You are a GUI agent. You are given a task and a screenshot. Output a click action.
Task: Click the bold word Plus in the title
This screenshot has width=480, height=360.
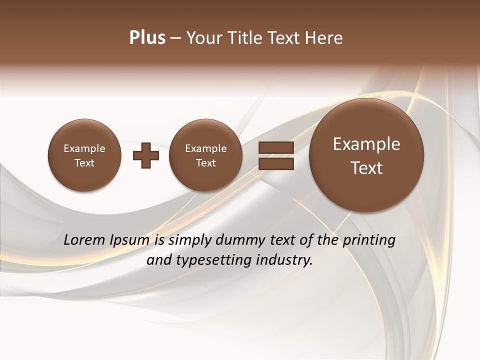pyautogui.click(x=147, y=38)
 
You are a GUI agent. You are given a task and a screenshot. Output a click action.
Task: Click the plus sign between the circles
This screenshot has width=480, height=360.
pyautogui.click(x=146, y=155)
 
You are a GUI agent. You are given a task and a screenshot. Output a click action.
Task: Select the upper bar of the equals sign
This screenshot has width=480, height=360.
pyautogui.click(x=276, y=148)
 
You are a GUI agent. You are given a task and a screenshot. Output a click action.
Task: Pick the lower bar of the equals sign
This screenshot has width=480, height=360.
pyautogui.click(x=276, y=164)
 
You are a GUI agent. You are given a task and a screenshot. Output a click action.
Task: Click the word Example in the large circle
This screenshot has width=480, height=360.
pyautogui.click(x=366, y=144)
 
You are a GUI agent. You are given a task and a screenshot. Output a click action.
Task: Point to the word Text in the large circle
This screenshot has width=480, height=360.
pyautogui.click(x=366, y=168)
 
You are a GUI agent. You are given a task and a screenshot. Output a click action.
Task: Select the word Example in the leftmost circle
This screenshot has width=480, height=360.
pyautogui.click(x=84, y=148)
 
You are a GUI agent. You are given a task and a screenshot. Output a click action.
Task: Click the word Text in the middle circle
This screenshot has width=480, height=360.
pyautogui.click(x=205, y=163)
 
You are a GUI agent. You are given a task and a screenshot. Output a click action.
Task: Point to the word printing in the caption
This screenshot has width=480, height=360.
pyautogui.click(x=369, y=240)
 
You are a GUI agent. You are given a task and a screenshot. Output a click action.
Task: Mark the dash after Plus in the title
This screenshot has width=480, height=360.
pyautogui.click(x=175, y=38)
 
